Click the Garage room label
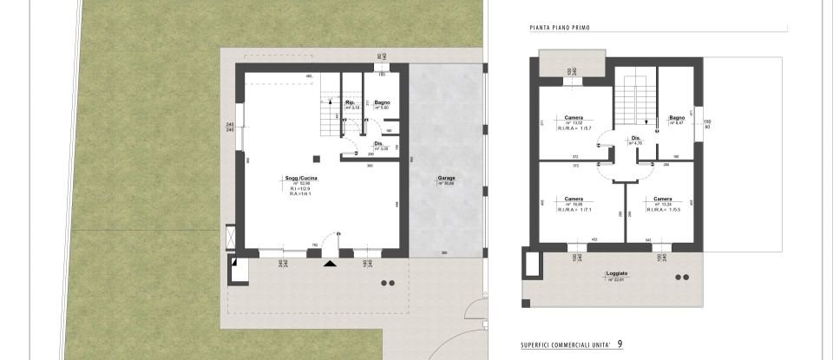[x=446, y=178]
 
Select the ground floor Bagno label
[x=382, y=101]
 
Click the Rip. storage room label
[x=351, y=102]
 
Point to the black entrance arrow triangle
[x=329, y=263]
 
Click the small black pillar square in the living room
[x=317, y=157]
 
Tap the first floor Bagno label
[x=677, y=118]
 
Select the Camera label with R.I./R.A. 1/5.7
[x=574, y=118]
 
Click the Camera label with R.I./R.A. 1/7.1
[x=574, y=198]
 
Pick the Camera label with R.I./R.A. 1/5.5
[x=663, y=198]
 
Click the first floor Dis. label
[x=635, y=138]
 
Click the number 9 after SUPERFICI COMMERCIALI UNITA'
[x=620, y=344]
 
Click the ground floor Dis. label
[x=378, y=144]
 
